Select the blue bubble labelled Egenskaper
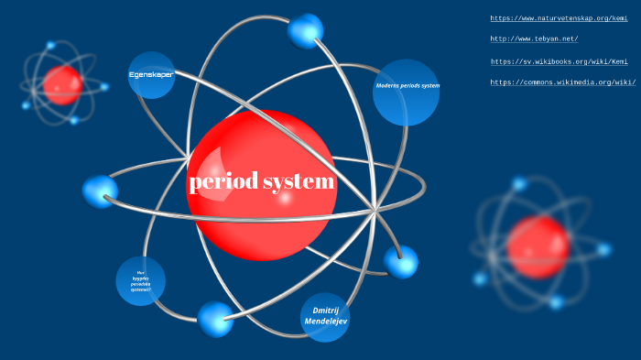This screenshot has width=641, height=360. [151, 74]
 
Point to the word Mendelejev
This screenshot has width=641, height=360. [325, 322]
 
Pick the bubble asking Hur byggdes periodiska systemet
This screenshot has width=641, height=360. [141, 280]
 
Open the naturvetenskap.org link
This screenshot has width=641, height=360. [559, 18]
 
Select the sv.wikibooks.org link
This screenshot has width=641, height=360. [560, 61]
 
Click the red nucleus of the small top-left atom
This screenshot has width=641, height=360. [62, 84]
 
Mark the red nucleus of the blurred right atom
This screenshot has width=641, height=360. [538, 245]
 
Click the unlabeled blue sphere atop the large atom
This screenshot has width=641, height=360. [306, 31]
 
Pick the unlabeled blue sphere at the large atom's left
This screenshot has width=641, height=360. [100, 191]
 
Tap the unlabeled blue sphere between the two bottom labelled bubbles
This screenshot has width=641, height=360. [216, 318]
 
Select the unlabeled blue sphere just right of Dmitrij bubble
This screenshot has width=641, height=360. [400, 262]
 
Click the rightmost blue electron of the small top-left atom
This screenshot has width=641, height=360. [104, 87]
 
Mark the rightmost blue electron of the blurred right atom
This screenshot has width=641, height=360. [603, 248]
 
